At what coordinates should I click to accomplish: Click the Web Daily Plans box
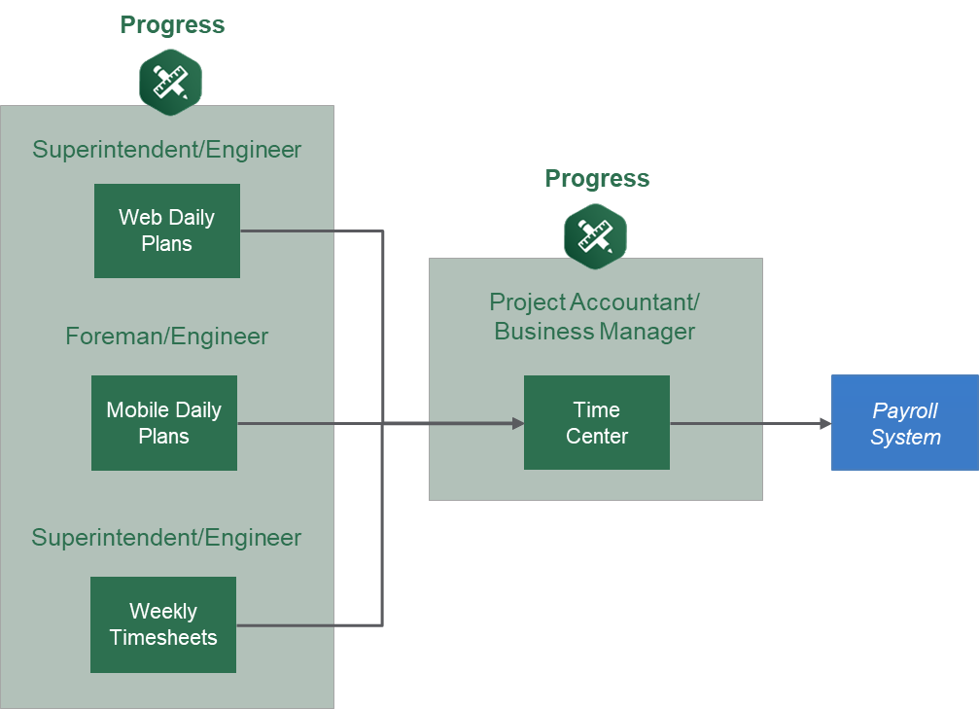coord(167,230)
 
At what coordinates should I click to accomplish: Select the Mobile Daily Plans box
coord(164,423)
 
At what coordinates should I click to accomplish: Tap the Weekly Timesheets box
coord(163,624)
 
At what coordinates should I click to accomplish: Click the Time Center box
coord(597,423)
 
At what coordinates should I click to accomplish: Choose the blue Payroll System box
coord(904,423)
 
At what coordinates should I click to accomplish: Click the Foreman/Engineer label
coord(166,337)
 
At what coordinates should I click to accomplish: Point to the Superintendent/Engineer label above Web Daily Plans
coord(166,150)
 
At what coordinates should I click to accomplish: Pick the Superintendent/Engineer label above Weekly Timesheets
coord(166,538)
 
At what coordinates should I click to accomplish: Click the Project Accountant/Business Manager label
coord(595,317)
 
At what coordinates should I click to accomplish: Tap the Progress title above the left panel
coord(172,25)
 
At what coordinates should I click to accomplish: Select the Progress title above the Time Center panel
coord(597,179)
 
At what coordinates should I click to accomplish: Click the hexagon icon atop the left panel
coord(170,82)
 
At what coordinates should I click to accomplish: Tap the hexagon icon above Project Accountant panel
coord(595,235)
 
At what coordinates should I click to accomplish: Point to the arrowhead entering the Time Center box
coord(517,423)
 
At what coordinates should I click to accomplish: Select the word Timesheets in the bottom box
coord(163,638)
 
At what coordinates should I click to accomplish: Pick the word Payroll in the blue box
coord(904,411)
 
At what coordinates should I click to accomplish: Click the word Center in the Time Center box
coord(597,437)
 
